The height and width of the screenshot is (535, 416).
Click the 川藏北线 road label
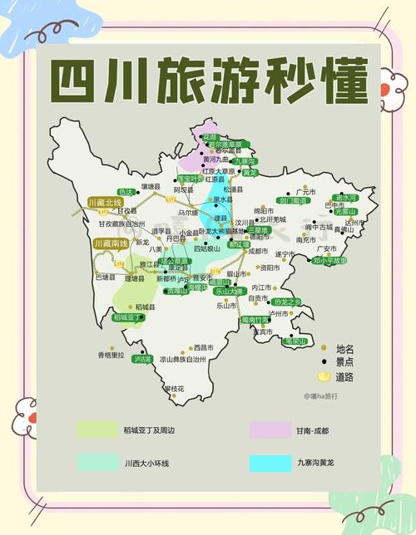(x=106, y=202)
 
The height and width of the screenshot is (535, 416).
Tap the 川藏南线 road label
(x=110, y=243)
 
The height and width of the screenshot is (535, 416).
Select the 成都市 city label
(x=258, y=251)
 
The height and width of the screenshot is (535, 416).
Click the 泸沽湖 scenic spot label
(x=142, y=359)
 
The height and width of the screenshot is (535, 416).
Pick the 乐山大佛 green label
(x=227, y=292)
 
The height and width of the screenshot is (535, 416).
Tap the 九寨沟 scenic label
(x=245, y=161)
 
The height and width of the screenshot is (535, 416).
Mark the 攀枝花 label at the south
(x=174, y=389)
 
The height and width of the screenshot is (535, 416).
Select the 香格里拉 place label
(x=110, y=355)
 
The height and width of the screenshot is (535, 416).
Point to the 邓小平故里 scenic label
(x=330, y=260)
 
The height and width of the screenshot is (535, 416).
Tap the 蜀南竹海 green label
(x=255, y=320)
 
